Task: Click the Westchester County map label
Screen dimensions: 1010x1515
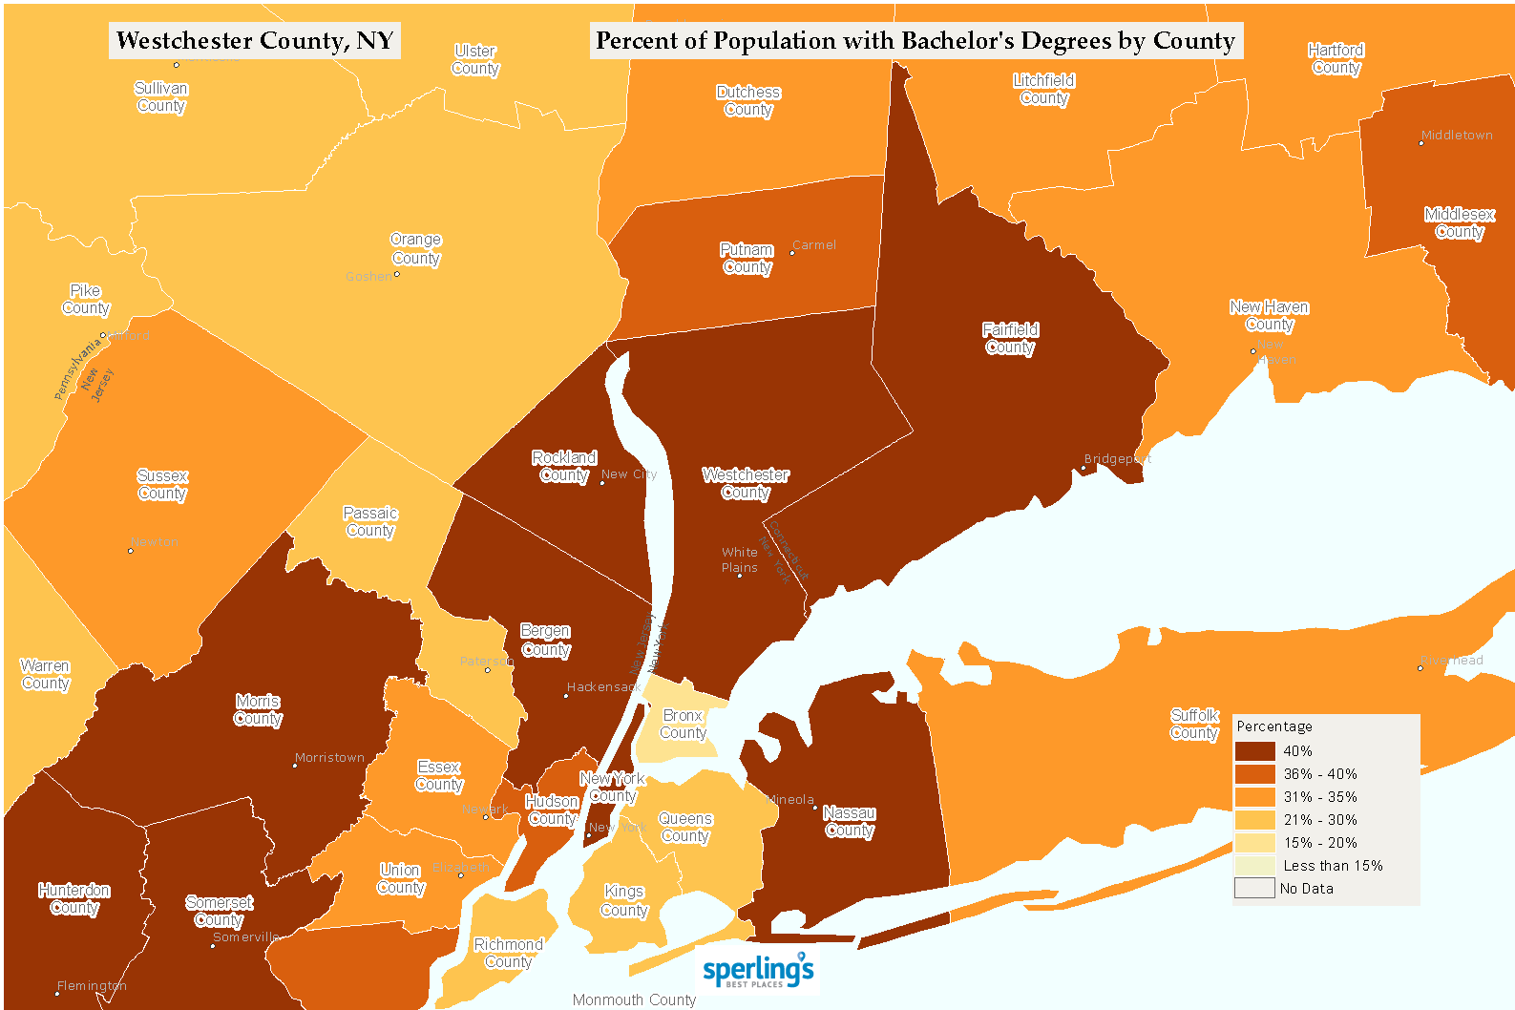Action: pyautogui.click(x=746, y=484)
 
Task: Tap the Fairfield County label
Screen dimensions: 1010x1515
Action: pyautogui.click(x=1010, y=339)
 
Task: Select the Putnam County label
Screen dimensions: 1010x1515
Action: pyautogui.click(x=747, y=259)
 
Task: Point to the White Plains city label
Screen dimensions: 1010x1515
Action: pyautogui.click(x=740, y=560)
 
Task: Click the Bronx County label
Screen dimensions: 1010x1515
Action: pyautogui.click(x=683, y=725)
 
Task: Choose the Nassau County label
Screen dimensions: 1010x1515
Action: pyautogui.click(x=849, y=822)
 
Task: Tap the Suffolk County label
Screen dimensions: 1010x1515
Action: pyautogui.click(x=1194, y=725)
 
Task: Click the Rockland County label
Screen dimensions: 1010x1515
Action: pyautogui.click(x=564, y=467)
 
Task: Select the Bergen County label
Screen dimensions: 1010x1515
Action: pyautogui.click(x=546, y=641)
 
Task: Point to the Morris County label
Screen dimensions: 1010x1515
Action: pyautogui.click(x=258, y=710)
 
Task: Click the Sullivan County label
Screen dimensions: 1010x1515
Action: pyautogui.click(x=161, y=97)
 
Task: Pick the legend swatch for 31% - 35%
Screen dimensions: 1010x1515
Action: pyautogui.click(x=1254, y=797)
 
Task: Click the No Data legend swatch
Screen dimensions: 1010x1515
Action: pyautogui.click(x=1254, y=889)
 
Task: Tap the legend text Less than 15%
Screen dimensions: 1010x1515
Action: pyautogui.click(x=1333, y=866)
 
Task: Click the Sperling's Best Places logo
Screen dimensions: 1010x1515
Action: pyautogui.click(x=758, y=971)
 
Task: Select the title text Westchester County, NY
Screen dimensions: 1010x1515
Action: pyautogui.click(x=254, y=41)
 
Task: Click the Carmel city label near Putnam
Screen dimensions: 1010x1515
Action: pyautogui.click(x=814, y=245)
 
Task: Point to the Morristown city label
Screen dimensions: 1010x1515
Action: pyautogui.click(x=329, y=758)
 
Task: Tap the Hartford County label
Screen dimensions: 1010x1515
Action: pyautogui.click(x=1336, y=59)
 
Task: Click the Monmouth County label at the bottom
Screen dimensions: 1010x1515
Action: pyautogui.click(x=634, y=999)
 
